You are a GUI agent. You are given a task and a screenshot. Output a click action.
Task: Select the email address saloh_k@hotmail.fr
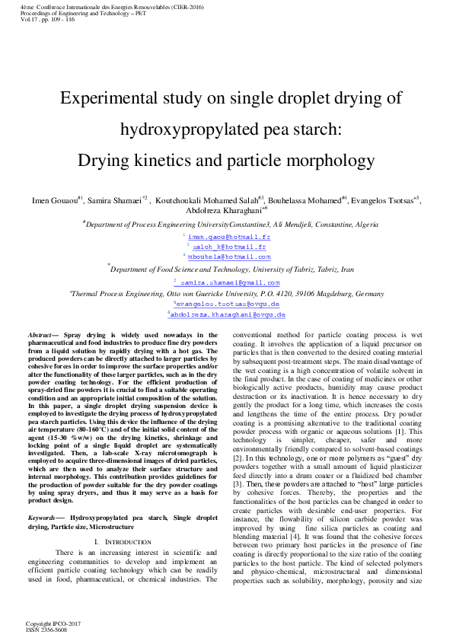pyautogui.click(x=228, y=247)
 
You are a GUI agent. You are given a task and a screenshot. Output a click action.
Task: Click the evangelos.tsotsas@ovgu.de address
pyautogui.click(x=228, y=303)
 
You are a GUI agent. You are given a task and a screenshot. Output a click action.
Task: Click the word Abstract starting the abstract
pyautogui.click(x=40, y=334)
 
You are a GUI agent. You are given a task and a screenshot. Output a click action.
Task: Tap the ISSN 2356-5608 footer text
pyautogui.click(x=46, y=629)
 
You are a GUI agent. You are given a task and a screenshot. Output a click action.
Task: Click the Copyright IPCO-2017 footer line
pyautogui.click(x=53, y=623)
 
